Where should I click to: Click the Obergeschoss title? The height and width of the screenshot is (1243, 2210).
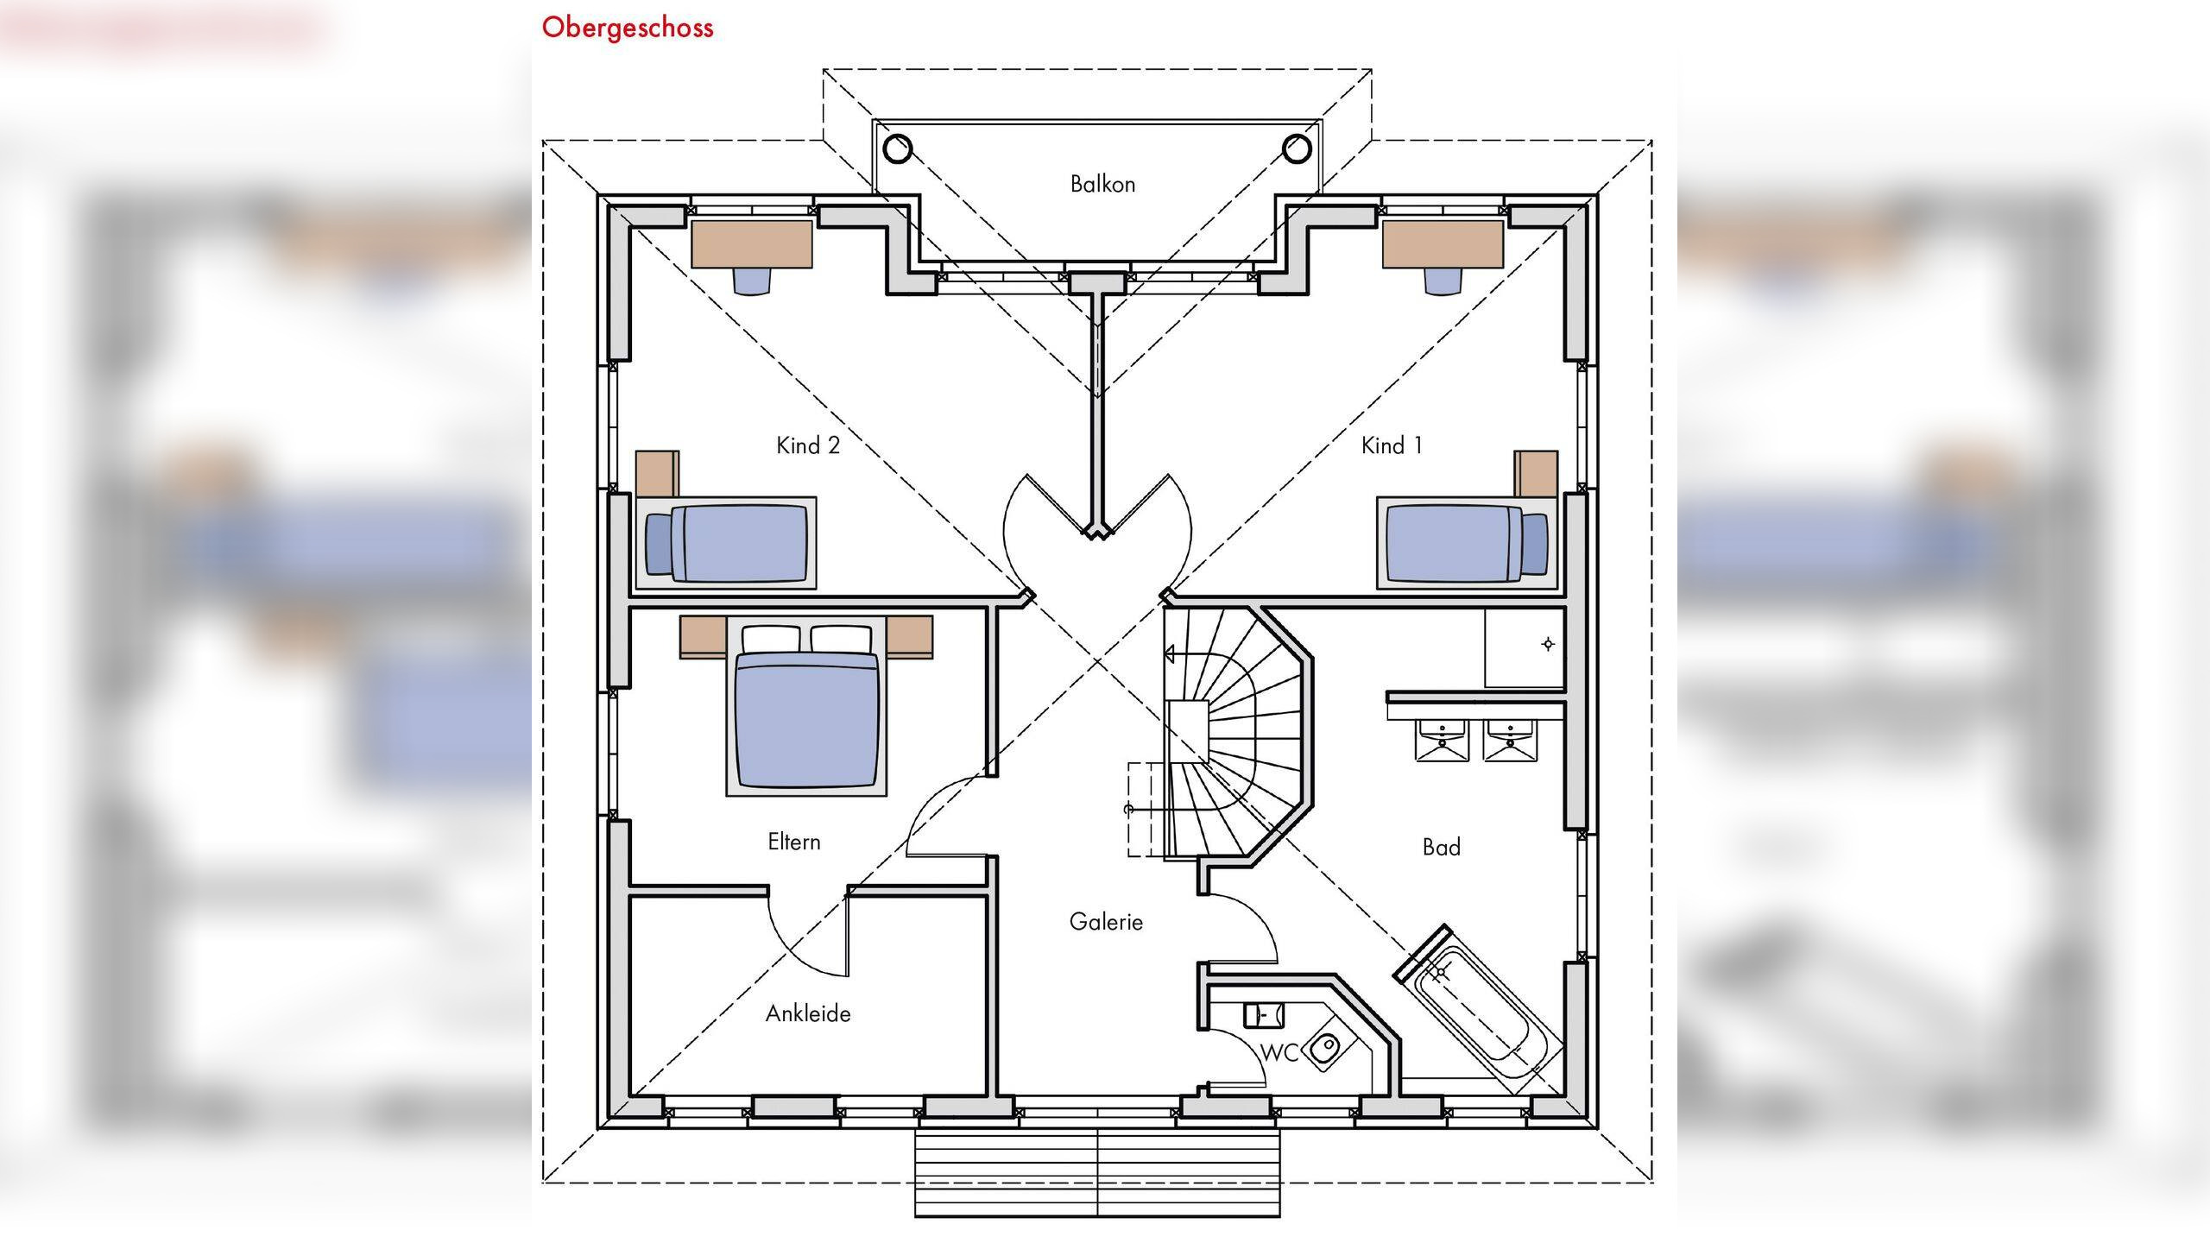coord(628,28)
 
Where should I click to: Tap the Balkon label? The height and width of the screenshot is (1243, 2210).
coord(1102,184)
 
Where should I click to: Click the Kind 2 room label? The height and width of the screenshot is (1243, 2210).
coord(808,445)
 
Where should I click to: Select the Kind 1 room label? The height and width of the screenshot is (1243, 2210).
coord(1392,445)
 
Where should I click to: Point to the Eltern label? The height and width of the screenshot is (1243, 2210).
coord(794,842)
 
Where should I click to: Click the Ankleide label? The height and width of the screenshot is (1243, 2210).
coord(808,1013)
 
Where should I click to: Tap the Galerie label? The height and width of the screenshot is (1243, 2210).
coord(1106,922)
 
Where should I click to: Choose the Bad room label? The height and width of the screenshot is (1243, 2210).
coord(1442,847)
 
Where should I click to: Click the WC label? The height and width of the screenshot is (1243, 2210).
coord(1279,1053)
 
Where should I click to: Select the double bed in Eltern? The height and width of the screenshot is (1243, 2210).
coord(806,705)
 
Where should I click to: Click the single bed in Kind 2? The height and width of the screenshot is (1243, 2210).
coord(726,543)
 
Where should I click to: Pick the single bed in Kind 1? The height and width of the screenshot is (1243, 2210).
coord(1468,543)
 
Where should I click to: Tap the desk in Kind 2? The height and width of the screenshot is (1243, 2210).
coord(752,244)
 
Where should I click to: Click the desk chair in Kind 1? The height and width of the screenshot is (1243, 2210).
coord(1443,281)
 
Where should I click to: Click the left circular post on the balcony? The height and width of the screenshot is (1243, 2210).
coord(898,148)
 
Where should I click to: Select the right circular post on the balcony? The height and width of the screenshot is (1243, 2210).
coord(1297,148)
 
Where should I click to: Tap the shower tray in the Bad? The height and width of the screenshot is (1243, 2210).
coord(1525,647)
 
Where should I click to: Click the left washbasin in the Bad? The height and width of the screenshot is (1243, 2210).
coord(1441,741)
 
